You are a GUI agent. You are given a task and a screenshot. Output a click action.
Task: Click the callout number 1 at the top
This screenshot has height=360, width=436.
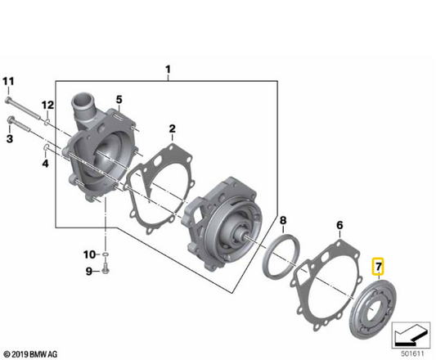click(x=169, y=70)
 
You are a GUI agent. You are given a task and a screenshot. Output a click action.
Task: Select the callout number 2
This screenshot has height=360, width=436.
click(x=172, y=128)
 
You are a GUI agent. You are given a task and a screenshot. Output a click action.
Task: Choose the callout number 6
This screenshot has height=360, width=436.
click(x=339, y=223)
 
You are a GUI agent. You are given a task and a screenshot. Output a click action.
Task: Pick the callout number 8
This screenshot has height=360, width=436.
click(x=282, y=221)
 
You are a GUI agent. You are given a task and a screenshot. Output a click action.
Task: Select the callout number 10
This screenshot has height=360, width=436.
click(x=89, y=253)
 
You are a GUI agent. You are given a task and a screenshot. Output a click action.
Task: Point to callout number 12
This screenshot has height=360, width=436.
click(x=47, y=105)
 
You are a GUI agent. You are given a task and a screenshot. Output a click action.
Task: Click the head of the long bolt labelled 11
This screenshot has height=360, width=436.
click(x=9, y=100)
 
